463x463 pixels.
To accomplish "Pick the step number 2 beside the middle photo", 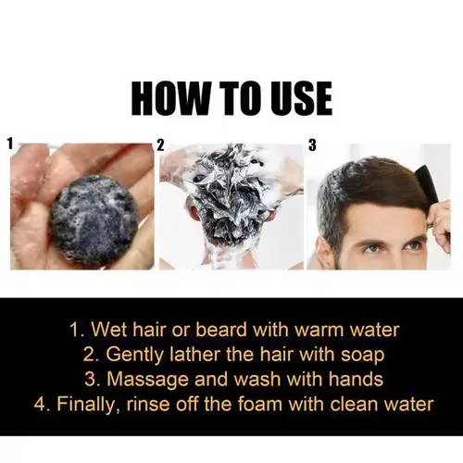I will [161, 144].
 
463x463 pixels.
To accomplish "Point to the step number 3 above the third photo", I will [312, 144].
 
